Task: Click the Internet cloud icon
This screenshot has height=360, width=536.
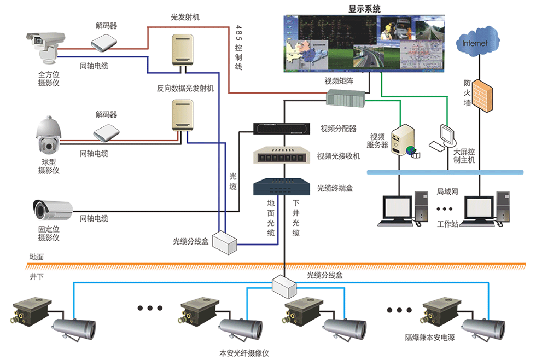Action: [x=477, y=42]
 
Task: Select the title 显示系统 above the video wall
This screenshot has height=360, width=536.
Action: [x=364, y=9]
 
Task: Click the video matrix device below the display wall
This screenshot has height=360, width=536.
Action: [x=346, y=98]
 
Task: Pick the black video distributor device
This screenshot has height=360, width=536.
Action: [x=282, y=129]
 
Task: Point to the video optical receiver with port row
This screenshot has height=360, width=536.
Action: [x=282, y=155]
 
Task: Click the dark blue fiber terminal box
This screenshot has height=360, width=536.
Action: [x=282, y=187]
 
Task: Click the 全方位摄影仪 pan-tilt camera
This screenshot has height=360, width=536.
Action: [x=45, y=48]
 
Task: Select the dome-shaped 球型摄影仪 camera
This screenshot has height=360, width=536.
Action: [x=49, y=135]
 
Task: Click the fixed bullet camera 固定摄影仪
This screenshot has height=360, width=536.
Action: [x=53, y=209]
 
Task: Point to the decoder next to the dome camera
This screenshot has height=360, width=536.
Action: [x=106, y=132]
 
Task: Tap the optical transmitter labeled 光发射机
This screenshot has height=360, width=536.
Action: [x=183, y=50]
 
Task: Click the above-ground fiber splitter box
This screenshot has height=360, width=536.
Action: [x=225, y=242]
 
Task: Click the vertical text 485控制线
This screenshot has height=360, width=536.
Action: [x=238, y=48]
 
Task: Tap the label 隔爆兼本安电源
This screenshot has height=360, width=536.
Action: [x=430, y=338]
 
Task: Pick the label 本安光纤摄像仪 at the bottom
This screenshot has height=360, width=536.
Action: [x=244, y=353]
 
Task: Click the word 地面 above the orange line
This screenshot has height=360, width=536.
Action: [x=37, y=257]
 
